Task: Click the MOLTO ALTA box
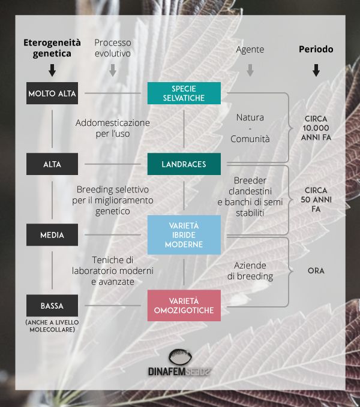52,94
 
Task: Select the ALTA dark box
52,164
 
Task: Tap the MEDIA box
52,235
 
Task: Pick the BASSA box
52,306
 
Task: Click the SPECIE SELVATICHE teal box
184,93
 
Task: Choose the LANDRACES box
184,164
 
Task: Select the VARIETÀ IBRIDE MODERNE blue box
184,234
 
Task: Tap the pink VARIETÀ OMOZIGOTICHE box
184,306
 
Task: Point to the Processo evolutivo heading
112,48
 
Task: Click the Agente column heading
250,49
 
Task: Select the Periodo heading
316,49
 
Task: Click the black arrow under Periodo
316,71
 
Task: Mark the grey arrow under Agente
250,71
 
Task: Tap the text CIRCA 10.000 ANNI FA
316,127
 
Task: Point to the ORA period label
316,270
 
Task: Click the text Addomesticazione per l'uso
113,128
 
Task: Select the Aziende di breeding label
250,270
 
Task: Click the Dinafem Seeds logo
181,363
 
